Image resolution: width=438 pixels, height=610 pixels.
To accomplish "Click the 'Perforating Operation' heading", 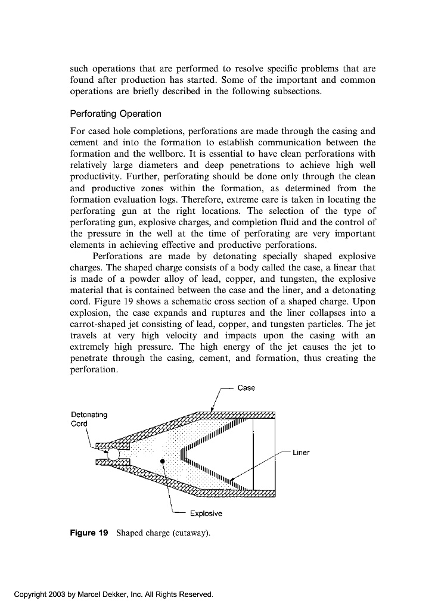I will (116, 114).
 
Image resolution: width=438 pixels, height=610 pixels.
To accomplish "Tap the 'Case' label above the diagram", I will (246, 388).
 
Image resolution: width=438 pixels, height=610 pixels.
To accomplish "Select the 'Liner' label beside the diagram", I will (301, 453).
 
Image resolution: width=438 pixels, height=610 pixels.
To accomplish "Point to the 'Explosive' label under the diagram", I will (206, 513).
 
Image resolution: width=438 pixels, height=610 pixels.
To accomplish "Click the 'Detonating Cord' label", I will (89, 419).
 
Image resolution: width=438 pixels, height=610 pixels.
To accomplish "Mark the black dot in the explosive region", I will (162, 461).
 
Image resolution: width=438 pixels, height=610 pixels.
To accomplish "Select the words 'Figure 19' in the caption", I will (89, 533).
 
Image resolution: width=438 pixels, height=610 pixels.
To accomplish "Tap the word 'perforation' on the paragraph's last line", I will (94, 369).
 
